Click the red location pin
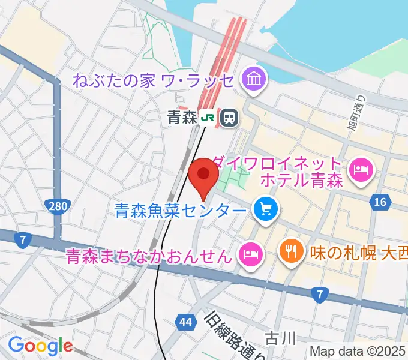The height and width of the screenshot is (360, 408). click(x=203, y=176)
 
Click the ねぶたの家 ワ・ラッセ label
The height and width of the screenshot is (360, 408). click(x=154, y=79)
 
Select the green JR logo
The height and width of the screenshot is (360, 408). click(x=208, y=118)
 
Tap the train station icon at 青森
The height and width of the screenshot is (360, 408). click(x=228, y=118)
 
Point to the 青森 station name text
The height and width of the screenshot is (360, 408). click(x=182, y=118)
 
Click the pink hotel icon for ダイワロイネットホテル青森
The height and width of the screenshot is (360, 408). click(x=361, y=171)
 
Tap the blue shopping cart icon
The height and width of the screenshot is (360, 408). click(x=265, y=209)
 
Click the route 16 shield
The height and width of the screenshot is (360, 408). click(x=379, y=202)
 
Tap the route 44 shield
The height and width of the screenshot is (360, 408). click(x=185, y=323)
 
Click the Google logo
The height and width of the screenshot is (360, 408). click(x=40, y=345)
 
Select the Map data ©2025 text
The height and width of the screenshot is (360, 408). click(x=358, y=351)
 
